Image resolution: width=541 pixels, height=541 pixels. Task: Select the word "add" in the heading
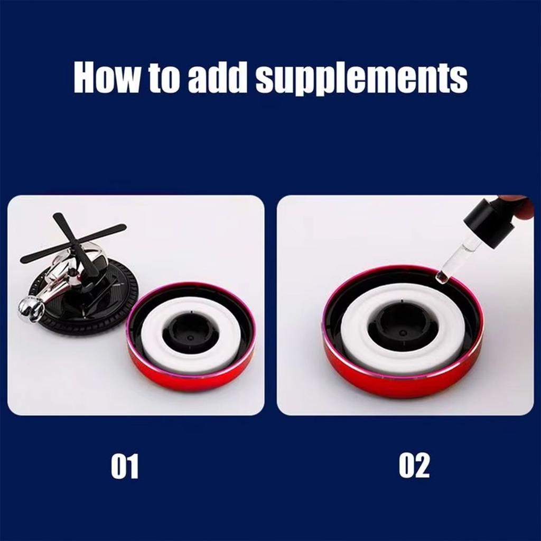click(217, 78)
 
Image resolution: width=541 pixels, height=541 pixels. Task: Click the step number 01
click(125, 466)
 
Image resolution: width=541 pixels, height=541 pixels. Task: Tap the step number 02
click(414, 466)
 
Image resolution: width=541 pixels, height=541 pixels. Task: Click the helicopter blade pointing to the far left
click(45, 254)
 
